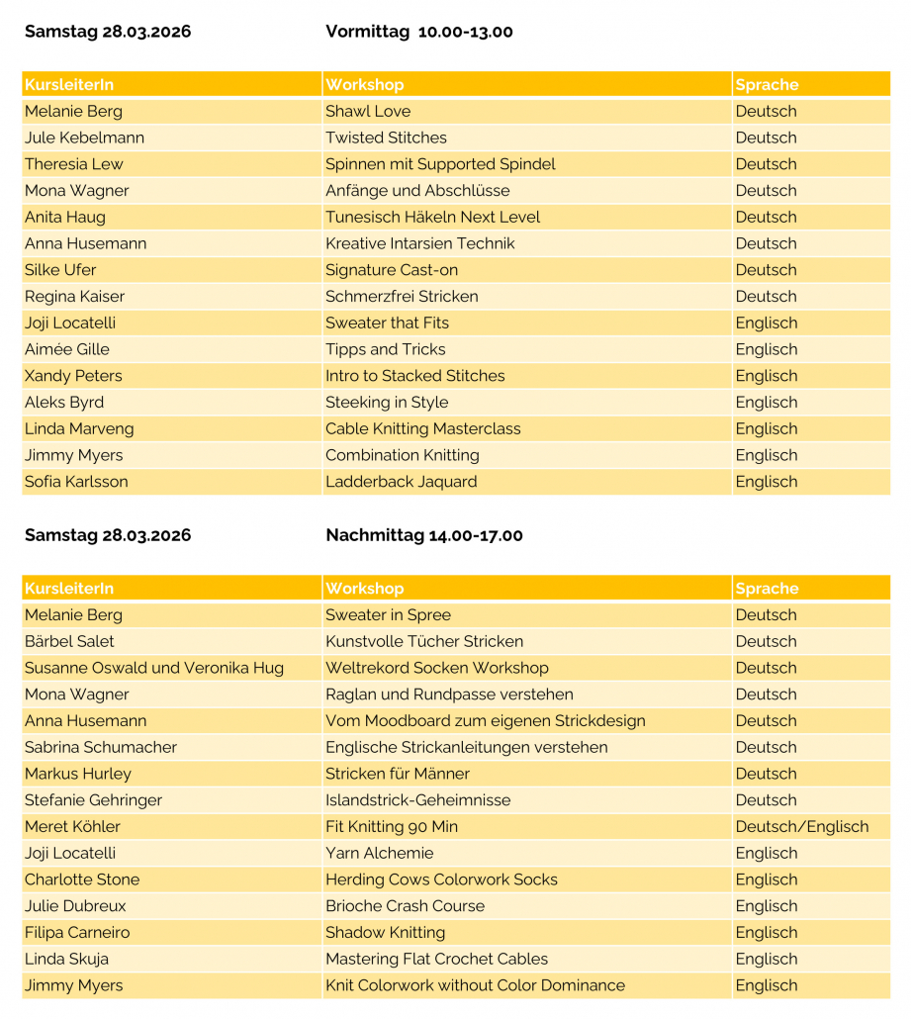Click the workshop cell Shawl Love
tap(368, 112)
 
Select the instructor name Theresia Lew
tap(74, 164)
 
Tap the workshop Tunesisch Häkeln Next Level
tap(432, 218)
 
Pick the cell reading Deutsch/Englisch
tap(801, 827)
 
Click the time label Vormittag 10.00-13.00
tap(419, 32)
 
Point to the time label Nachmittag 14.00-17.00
tap(424, 535)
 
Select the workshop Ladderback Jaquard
tap(402, 482)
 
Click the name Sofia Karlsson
tap(76, 482)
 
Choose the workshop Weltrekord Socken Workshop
tap(437, 668)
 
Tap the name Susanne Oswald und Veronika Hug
tap(154, 668)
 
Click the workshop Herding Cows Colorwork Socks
tap(441, 880)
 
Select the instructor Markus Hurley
tap(78, 774)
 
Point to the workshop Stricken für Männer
tap(398, 774)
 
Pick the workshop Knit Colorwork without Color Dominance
tap(475, 985)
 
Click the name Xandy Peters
tap(72, 376)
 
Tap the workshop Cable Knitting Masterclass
tap(423, 429)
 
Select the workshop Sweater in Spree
tap(388, 615)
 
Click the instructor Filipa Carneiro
tap(77, 933)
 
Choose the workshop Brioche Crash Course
tap(405, 906)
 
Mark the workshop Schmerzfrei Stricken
tap(402, 297)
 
